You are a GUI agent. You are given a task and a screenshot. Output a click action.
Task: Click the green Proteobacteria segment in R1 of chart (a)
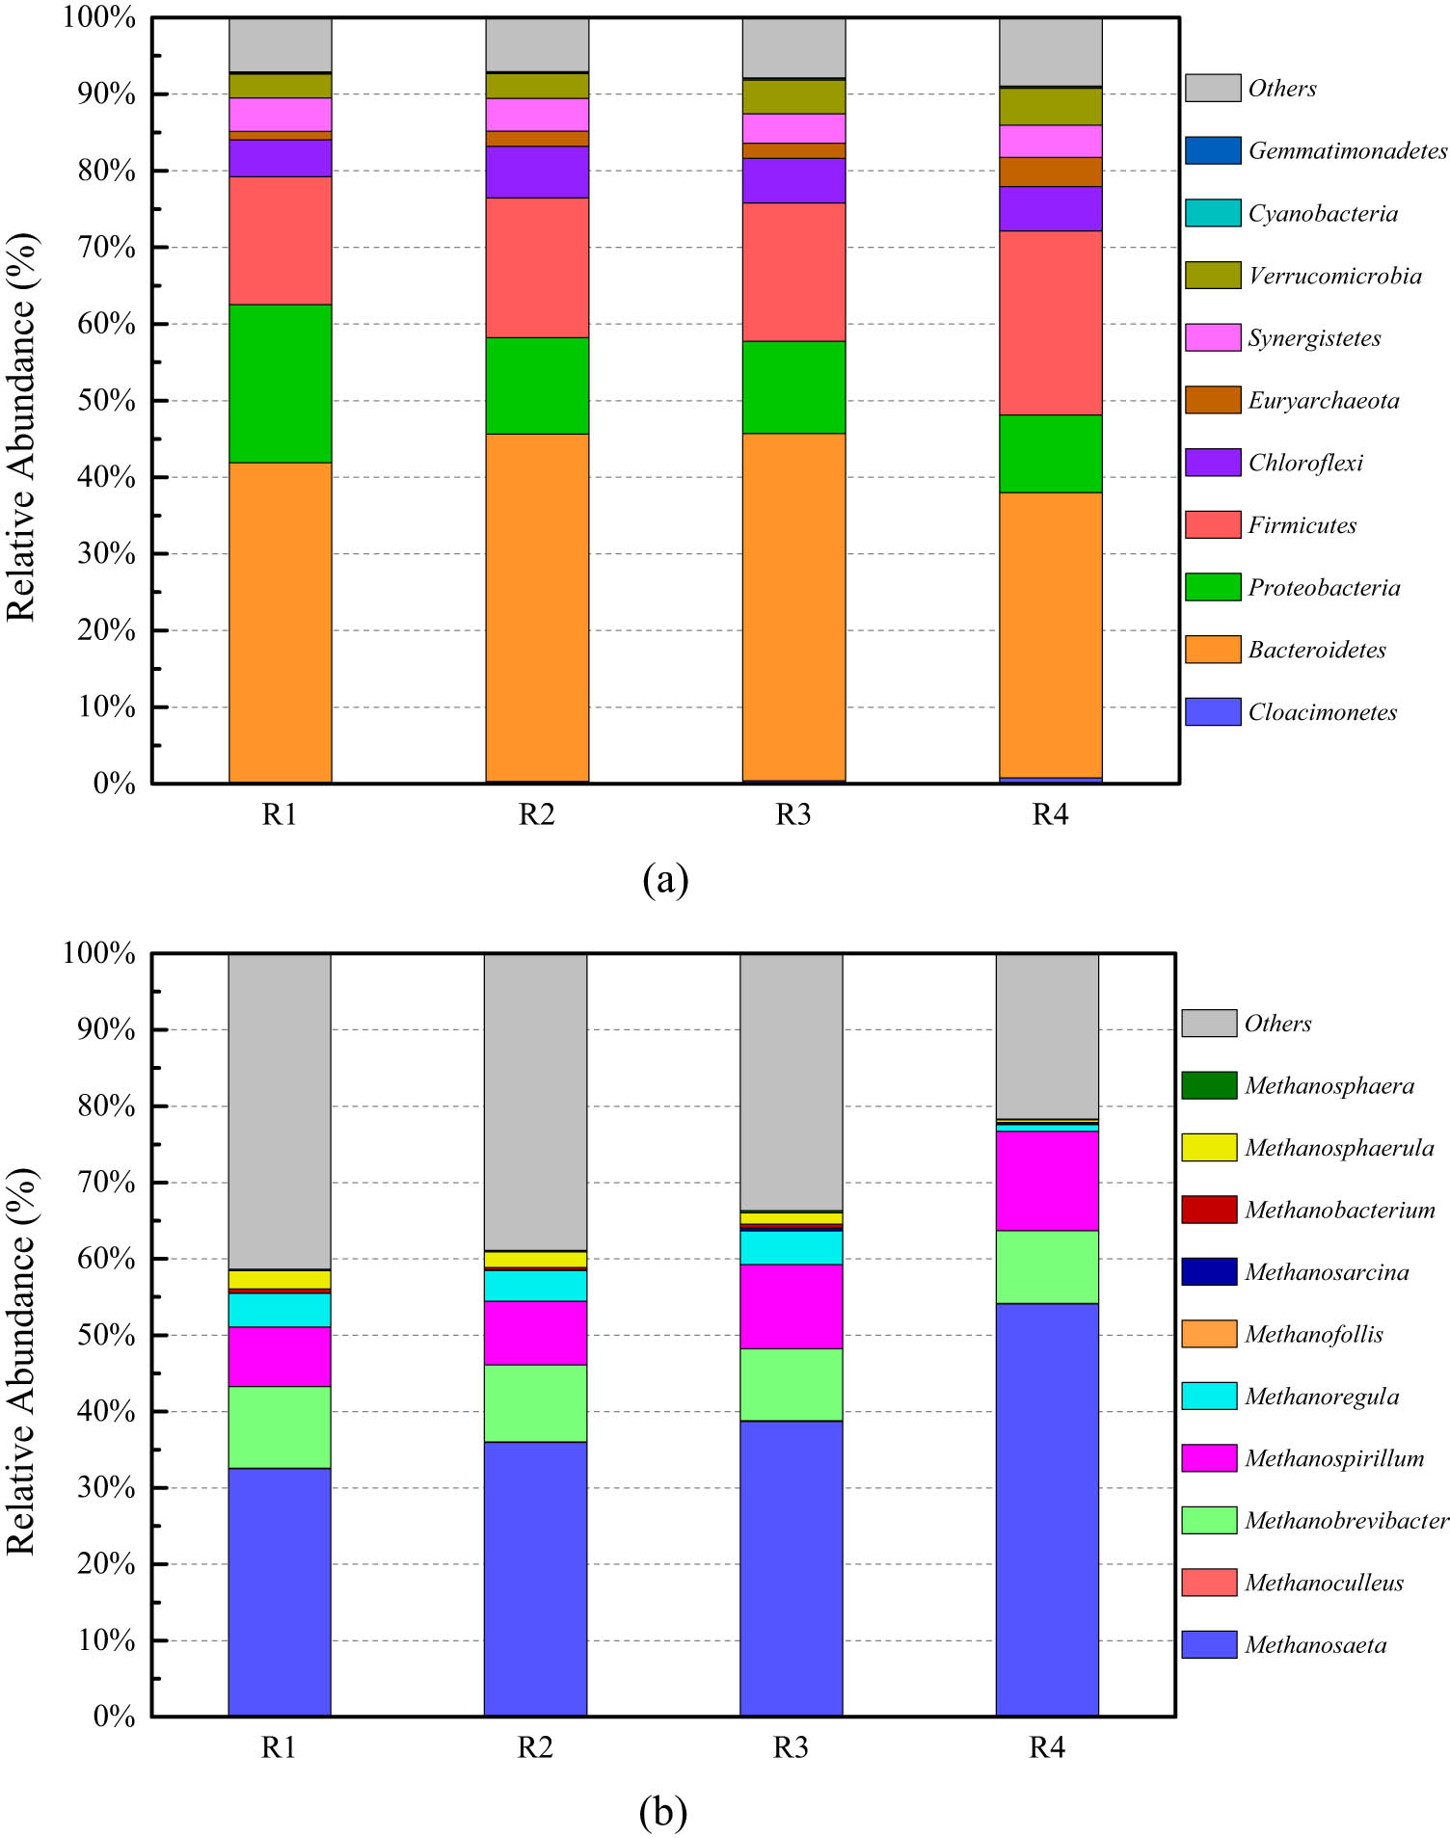click(x=280, y=384)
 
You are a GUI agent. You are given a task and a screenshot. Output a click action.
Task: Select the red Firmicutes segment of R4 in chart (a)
click(x=1050, y=323)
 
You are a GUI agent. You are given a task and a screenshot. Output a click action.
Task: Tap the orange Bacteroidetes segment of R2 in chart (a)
click(x=537, y=607)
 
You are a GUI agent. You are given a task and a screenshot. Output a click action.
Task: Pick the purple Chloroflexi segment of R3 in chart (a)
click(x=793, y=180)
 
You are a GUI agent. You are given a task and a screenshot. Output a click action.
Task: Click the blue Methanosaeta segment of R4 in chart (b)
click(x=1047, y=1508)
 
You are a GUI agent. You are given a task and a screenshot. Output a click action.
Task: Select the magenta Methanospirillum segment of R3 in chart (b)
click(x=791, y=1306)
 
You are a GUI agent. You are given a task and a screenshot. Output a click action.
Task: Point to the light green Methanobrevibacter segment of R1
click(x=280, y=1427)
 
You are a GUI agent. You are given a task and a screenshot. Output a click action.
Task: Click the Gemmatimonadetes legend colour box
click(x=1212, y=150)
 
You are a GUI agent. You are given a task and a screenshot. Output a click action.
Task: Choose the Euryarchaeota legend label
click(x=1323, y=400)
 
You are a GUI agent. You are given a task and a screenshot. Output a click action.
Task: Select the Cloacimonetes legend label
click(x=1322, y=712)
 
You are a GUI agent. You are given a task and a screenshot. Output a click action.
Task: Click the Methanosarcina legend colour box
click(x=1209, y=1272)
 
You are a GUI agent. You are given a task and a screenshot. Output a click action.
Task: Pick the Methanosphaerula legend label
click(x=1339, y=1148)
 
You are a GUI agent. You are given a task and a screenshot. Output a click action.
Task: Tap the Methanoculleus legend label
click(x=1324, y=1583)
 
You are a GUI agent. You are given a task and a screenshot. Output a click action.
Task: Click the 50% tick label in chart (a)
click(x=106, y=400)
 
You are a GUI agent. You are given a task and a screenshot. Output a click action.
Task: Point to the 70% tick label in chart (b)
click(x=106, y=1183)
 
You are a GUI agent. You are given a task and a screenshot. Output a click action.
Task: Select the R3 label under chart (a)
click(x=793, y=815)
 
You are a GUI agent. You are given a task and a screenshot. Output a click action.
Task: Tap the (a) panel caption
click(x=665, y=879)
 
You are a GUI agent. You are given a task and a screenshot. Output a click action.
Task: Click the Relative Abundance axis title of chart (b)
click(x=21, y=1335)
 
